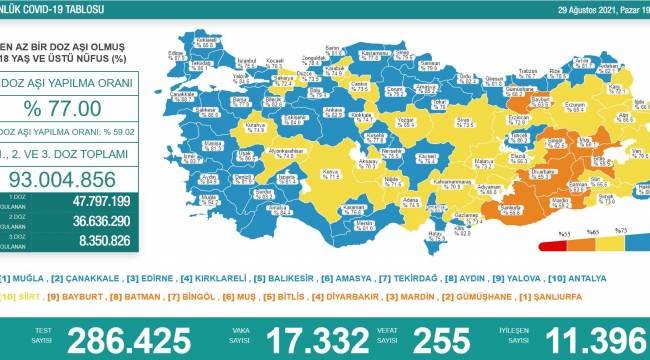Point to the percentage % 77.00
pos(62,108)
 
